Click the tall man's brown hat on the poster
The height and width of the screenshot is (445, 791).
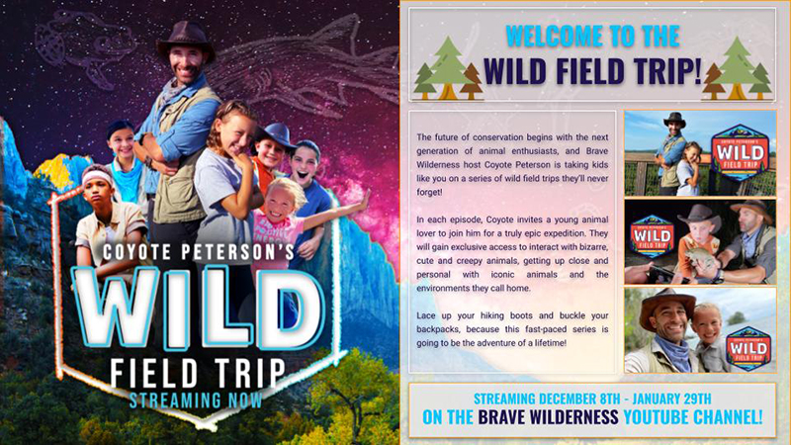click(x=186, y=41)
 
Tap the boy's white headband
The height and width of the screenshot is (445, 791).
click(x=97, y=177)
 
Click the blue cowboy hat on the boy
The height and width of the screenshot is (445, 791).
click(x=274, y=136)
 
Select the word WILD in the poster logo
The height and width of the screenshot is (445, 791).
click(x=197, y=308)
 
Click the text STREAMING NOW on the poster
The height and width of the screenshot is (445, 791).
click(x=196, y=400)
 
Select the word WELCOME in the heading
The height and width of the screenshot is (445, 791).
click(x=553, y=36)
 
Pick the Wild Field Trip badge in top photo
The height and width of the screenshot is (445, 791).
click(x=740, y=153)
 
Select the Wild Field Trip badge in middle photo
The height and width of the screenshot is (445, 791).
click(x=652, y=236)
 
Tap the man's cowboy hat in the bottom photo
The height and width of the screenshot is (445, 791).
click(x=664, y=307)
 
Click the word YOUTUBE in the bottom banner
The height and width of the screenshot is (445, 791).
click(x=656, y=417)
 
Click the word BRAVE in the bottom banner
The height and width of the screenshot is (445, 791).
click(x=500, y=417)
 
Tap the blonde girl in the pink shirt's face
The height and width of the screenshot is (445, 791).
click(x=279, y=202)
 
